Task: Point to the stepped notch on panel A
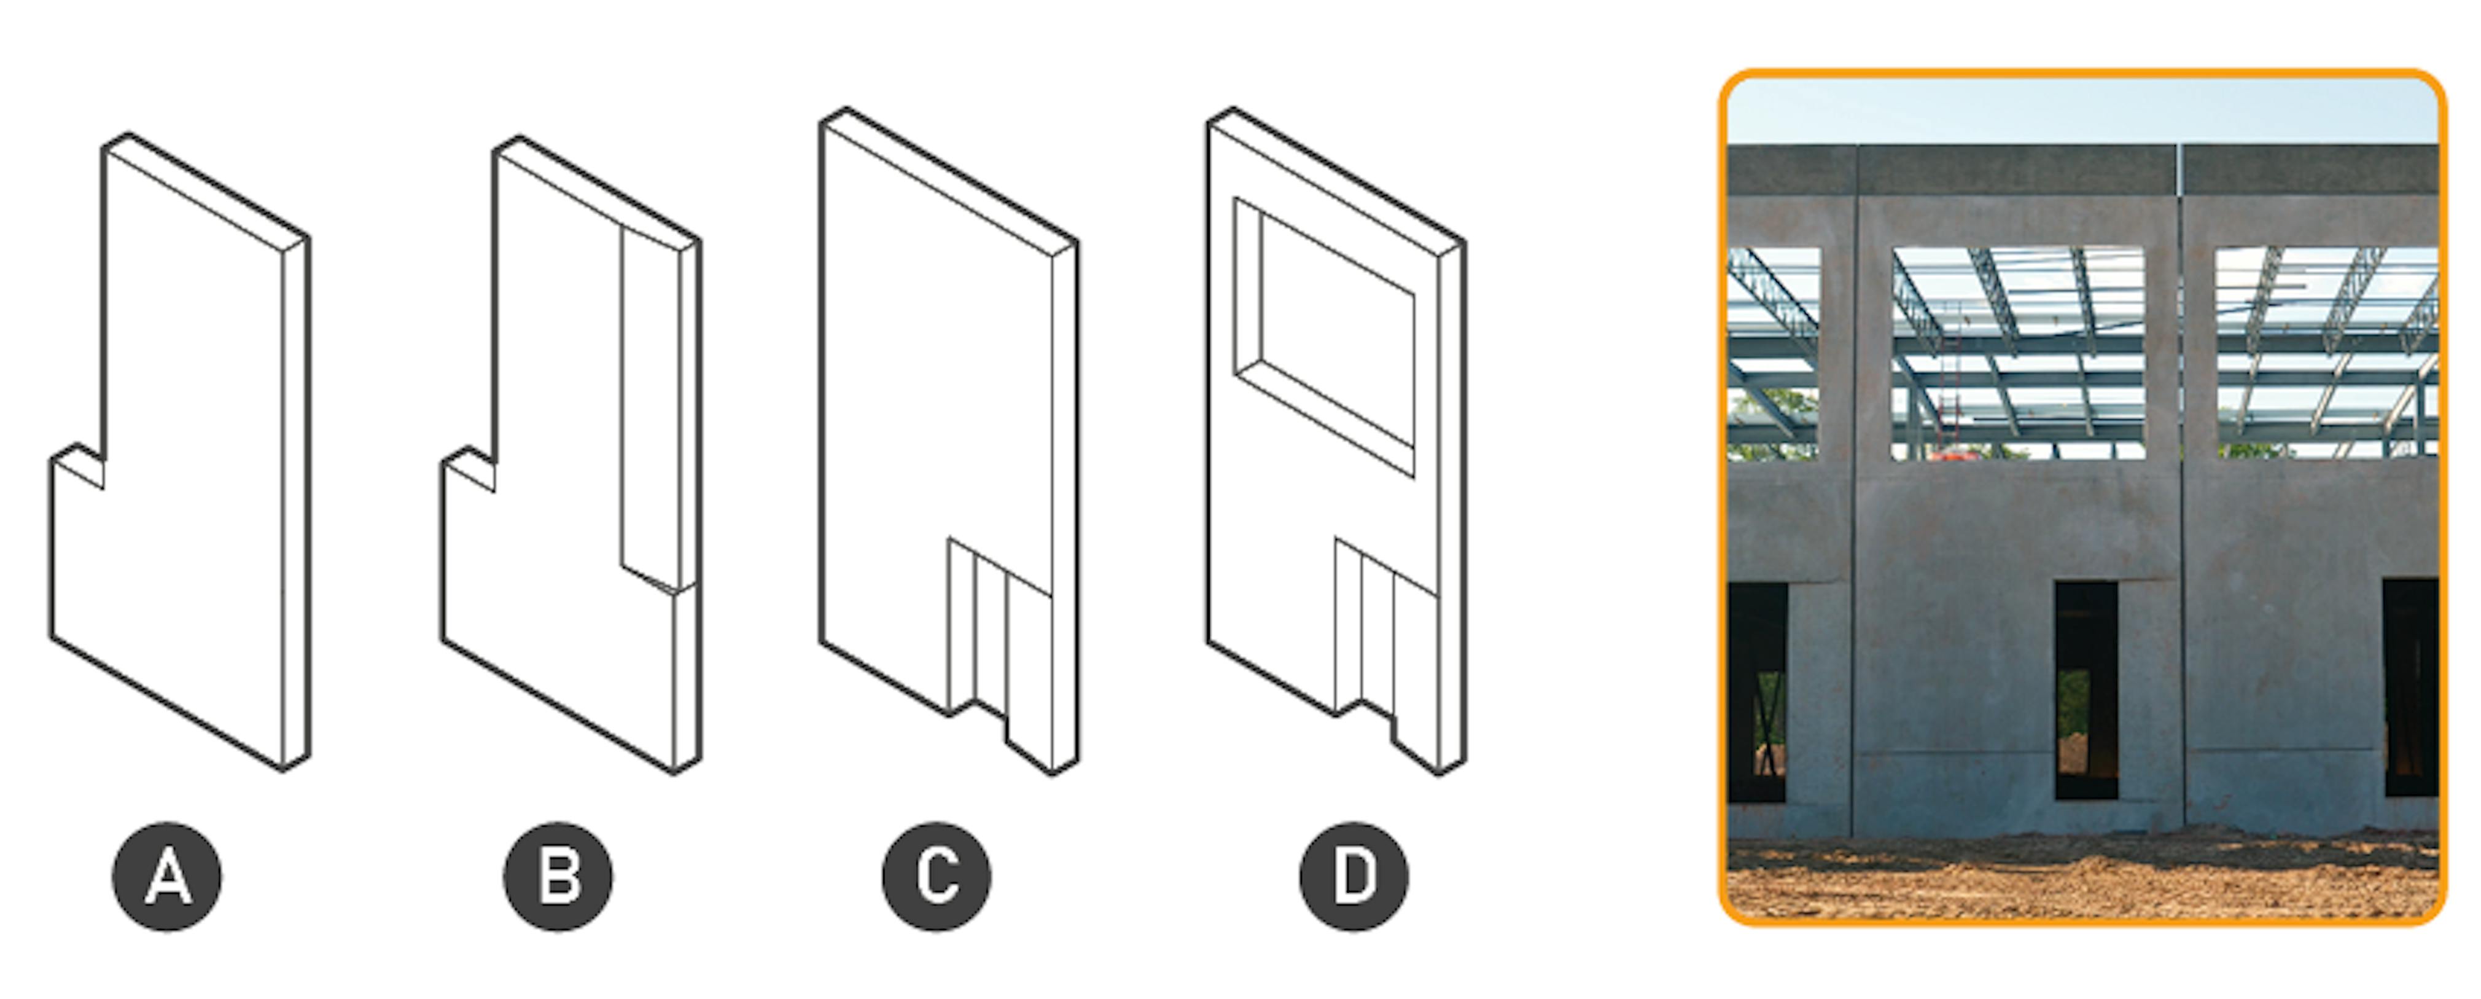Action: tap(77, 466)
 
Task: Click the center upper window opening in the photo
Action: tap(2019, 353)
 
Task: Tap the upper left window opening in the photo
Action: tap(1774, 353)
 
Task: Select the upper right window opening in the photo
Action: tap(2326, 353)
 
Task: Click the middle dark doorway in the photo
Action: tap(2086, 690)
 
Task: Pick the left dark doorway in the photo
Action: tap(1758, 692)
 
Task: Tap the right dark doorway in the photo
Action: tap(2411, 688)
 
